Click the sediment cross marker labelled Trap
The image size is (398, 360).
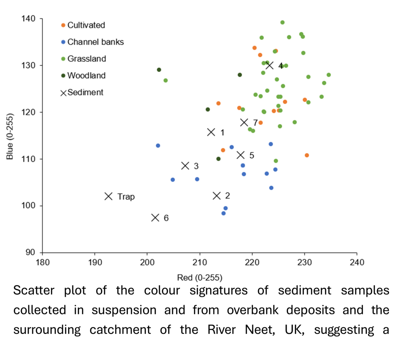pyautogui.click(x=108, y=196)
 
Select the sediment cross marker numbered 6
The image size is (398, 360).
pyautogui.click(x=155, y=217)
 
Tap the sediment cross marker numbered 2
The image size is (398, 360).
pyautogui.click(x=216, y=195)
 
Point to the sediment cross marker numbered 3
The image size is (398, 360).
pyautogui.click(x=185, y=166)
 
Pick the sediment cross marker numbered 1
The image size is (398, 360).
pyautogui.click(x=211, y=132)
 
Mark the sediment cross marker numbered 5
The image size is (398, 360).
pyautogui.click(x=241, y=155)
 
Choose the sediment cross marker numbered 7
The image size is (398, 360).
pyautogui.click(x=244, y=122)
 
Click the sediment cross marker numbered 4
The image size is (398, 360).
pyautogui.click(x=269, y=65)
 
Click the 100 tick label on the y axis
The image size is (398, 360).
pyautogui.click(x=31, y=206)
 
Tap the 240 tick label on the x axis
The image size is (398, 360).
pyautogui.click(x=357, y=262)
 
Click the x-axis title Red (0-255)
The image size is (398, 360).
pyautogui.click(x=199, y=277)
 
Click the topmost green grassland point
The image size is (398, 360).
pyautogui.click(x=282, y=23)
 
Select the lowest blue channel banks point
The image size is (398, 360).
pyautogui.click(x=223, y=213)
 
